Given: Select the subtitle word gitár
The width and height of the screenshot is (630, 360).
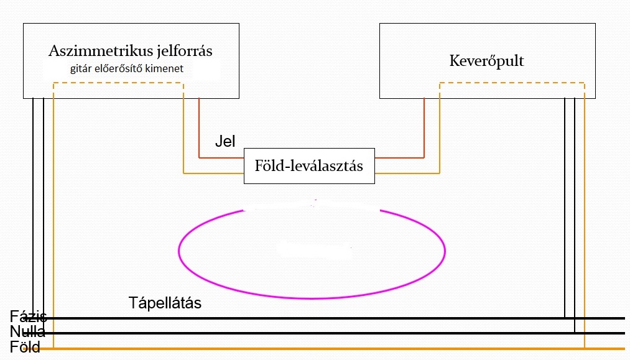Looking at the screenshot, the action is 79,69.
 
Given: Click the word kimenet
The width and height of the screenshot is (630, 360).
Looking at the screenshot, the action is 164,68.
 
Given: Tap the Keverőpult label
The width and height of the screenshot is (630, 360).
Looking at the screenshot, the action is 486,61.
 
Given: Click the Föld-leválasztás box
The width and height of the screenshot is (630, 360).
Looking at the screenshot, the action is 309,166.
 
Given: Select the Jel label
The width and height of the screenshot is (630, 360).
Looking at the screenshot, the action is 225,141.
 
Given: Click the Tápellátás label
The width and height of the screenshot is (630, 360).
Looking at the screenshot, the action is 165,303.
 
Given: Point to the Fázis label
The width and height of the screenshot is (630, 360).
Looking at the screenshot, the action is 28,316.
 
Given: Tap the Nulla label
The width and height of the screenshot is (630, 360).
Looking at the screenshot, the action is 27,331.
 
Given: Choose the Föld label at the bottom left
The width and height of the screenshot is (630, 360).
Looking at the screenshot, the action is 25,347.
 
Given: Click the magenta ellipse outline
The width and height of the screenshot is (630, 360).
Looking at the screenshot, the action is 312,298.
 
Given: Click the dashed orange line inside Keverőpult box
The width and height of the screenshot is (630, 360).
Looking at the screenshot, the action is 512,83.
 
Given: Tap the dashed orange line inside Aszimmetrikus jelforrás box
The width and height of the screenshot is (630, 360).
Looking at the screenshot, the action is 119,83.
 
